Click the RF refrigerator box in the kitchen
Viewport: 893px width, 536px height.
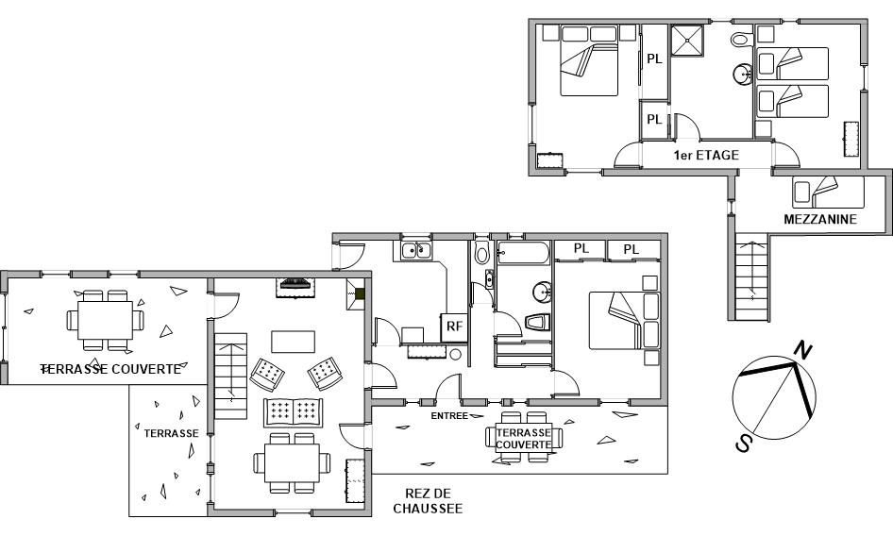pyautogui.click(x=454, y=327)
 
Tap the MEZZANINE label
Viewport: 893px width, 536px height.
pyautogui.click(x=820, y=219)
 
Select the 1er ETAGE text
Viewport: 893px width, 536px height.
pyautogui.click(x=706, y=155)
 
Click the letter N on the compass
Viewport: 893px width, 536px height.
pyautogui.click(x=803, y=349)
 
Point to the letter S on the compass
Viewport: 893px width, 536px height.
pyautogui.click(x=743, y=442)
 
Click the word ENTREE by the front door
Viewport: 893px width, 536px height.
pyautogui.click(x=449, y=416)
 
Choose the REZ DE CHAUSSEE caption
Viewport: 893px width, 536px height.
pyautogui.click(x=428, y=501)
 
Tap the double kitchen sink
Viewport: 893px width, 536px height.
pyautogui.click(x=416, y=250)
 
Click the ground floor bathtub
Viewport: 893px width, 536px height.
pyautogui.click(x=523, y=253)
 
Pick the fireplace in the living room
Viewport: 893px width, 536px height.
pyautogui.click(x=295, y=287)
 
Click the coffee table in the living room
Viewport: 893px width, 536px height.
pyautogui.click(x=294, y=342)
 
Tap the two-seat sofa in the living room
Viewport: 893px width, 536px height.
pyautogui.click(x=294, y=412)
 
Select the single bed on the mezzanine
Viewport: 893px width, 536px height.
pyautogui.click(x=828, y=193)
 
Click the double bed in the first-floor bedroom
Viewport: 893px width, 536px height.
pyautogui.click(x=589, y=59)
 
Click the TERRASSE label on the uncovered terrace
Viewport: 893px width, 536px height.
pyautogui.click(x=172, y=433)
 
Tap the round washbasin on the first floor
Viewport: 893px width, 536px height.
pyautogui.click(x=743, y=74)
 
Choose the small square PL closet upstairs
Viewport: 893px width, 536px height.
pyautogui.click(x=654, y=120)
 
